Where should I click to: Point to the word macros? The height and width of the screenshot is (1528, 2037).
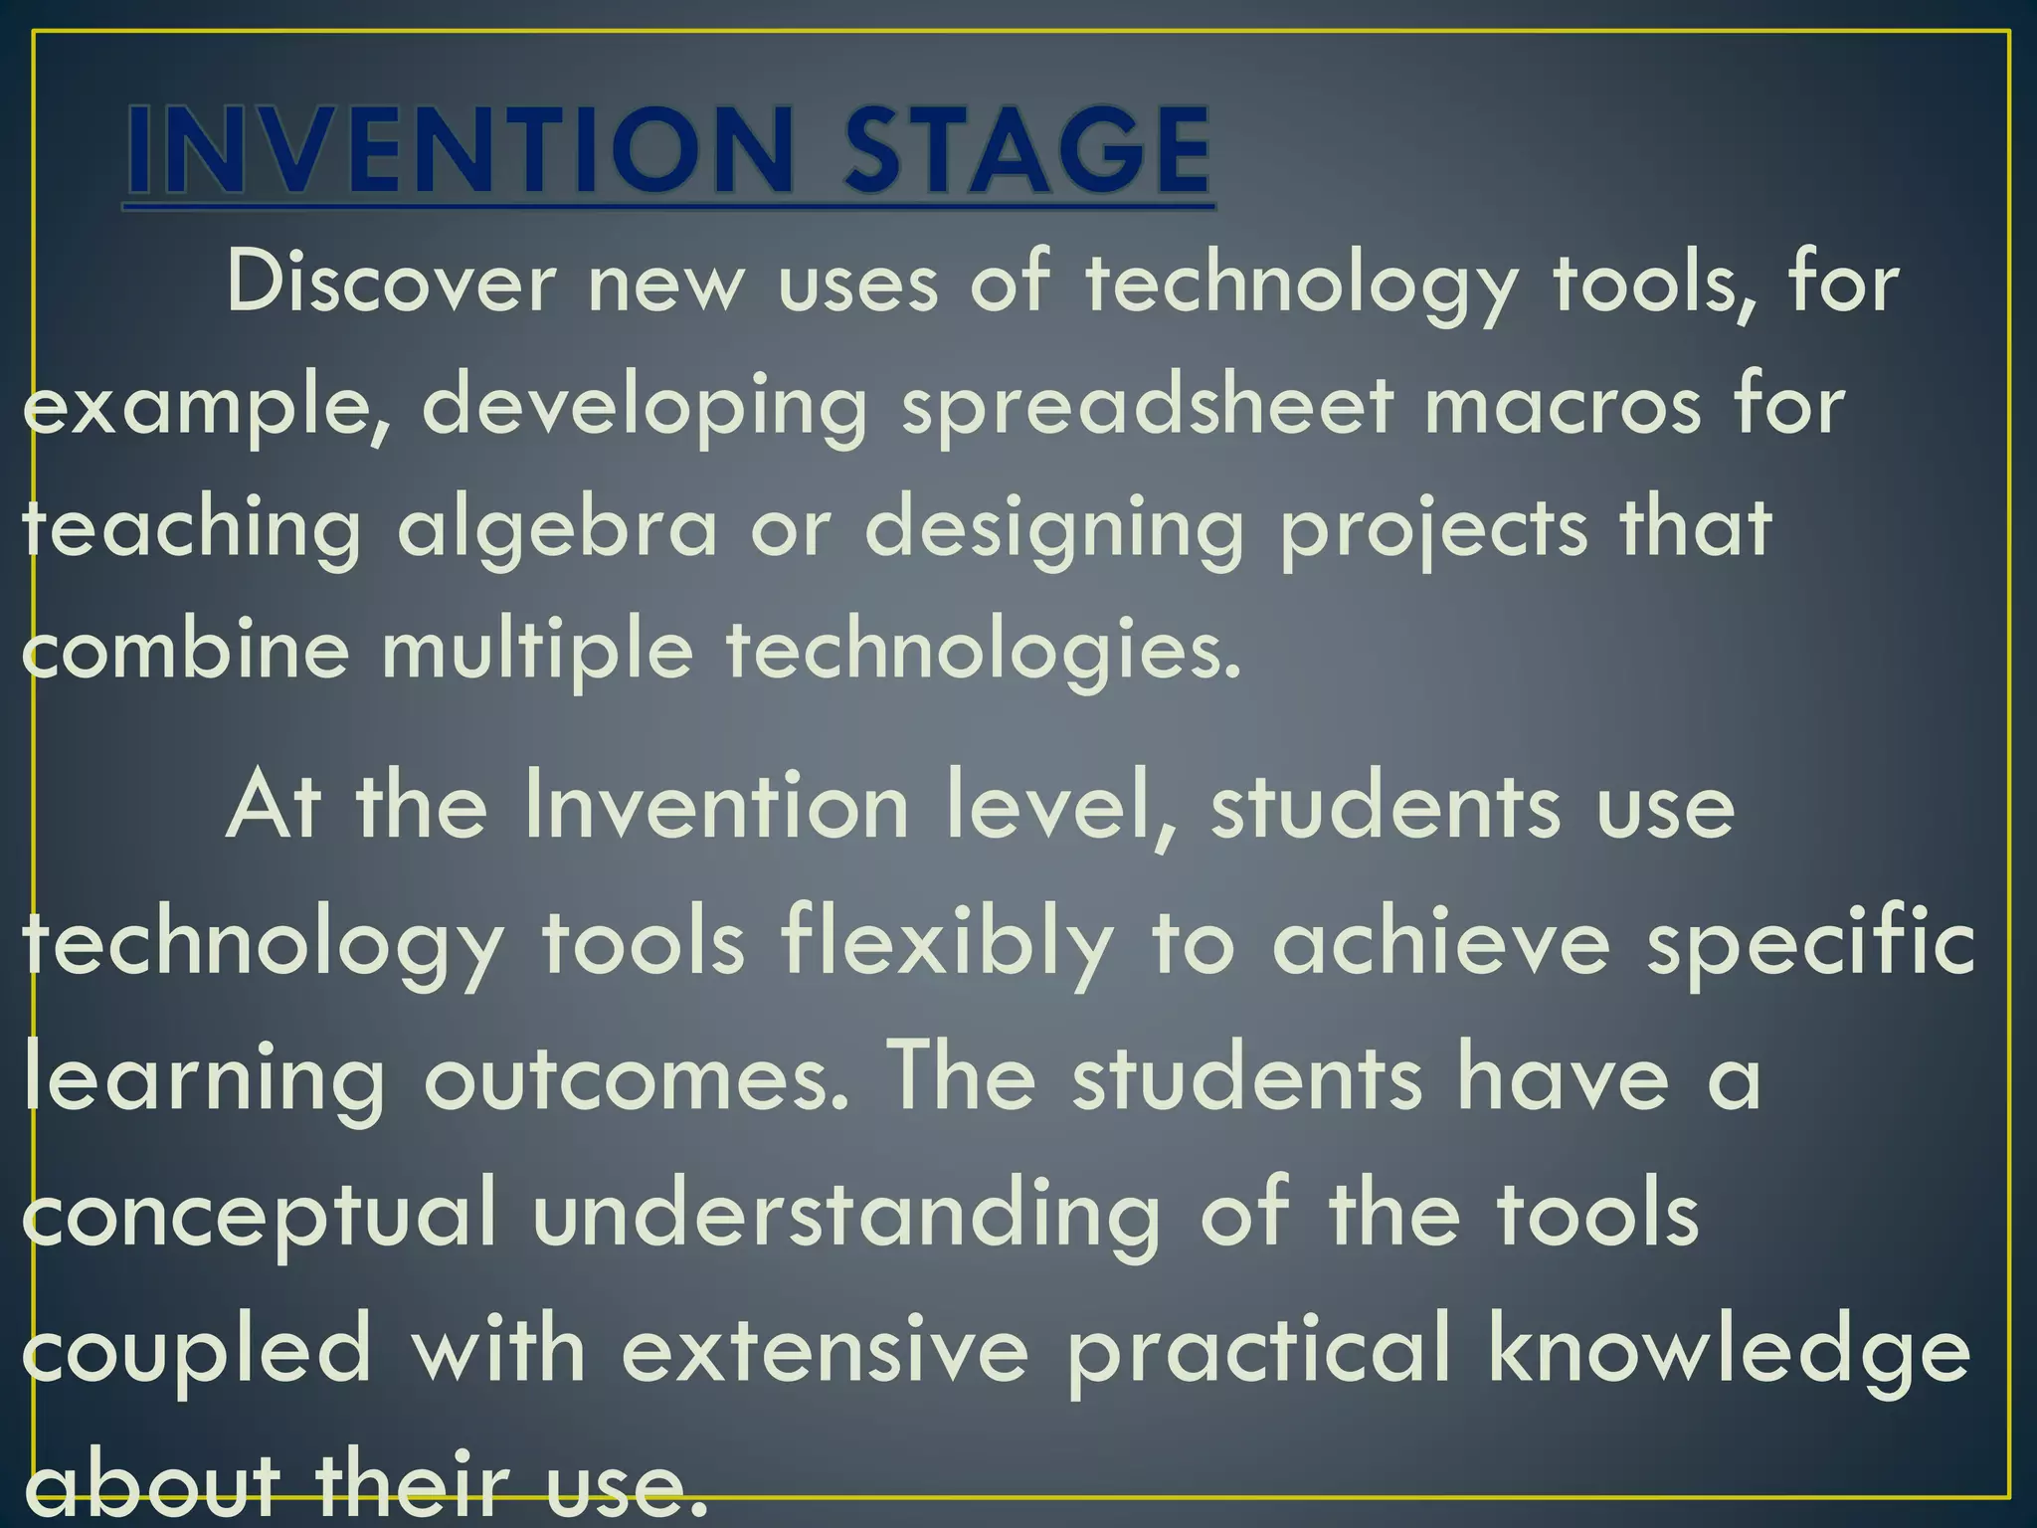click(x=1563, y=407)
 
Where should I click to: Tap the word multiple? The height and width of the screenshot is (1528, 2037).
click(x=537, y=651)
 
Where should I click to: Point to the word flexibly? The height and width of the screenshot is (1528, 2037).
click(x=946, y=944)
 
